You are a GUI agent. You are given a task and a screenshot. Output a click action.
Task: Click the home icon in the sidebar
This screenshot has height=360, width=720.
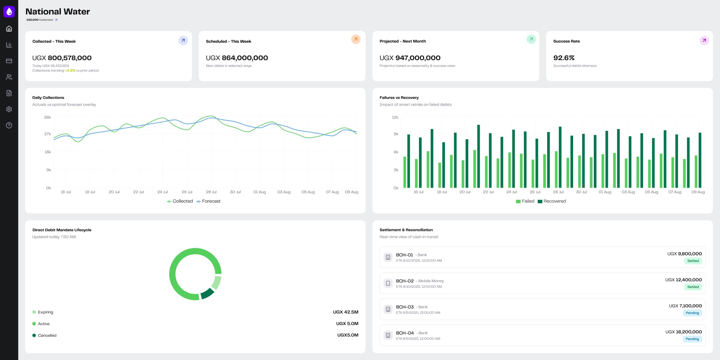9,29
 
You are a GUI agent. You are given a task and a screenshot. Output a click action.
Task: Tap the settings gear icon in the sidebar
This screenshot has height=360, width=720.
9,109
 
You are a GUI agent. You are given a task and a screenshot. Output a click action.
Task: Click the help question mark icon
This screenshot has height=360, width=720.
9,125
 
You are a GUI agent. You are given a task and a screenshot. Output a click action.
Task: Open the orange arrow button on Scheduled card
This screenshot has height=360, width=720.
356,39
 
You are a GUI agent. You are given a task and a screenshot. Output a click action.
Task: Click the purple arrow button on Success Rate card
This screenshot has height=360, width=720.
704,41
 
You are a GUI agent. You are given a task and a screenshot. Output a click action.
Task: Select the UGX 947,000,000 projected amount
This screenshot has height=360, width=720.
410,58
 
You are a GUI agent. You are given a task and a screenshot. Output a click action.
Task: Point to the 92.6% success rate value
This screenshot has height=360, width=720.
564,58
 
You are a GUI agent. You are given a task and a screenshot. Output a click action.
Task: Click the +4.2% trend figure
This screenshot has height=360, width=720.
70,71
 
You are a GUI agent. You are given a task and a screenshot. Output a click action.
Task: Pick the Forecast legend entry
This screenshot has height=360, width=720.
211,201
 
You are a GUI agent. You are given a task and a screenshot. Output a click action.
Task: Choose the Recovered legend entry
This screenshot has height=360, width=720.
554,201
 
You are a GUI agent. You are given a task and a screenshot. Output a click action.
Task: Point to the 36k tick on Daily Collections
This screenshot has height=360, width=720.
47,117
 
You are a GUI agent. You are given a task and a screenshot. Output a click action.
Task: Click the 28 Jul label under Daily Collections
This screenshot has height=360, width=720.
211,192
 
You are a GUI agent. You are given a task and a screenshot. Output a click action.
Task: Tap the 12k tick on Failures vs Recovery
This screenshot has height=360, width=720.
395,117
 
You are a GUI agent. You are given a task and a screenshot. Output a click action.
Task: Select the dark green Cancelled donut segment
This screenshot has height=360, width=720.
207,293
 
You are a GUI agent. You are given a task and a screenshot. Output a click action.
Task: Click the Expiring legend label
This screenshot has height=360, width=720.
45,312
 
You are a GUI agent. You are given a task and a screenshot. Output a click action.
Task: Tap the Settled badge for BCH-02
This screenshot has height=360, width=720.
693,287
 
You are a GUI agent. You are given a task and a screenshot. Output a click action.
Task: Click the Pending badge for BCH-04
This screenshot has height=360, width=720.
692,339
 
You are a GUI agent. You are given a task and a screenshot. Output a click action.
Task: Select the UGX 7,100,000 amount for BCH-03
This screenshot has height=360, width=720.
685,306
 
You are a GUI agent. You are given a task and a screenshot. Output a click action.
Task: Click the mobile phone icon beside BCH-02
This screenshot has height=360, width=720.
388,283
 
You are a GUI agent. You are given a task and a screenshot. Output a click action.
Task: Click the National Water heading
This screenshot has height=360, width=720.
58,11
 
